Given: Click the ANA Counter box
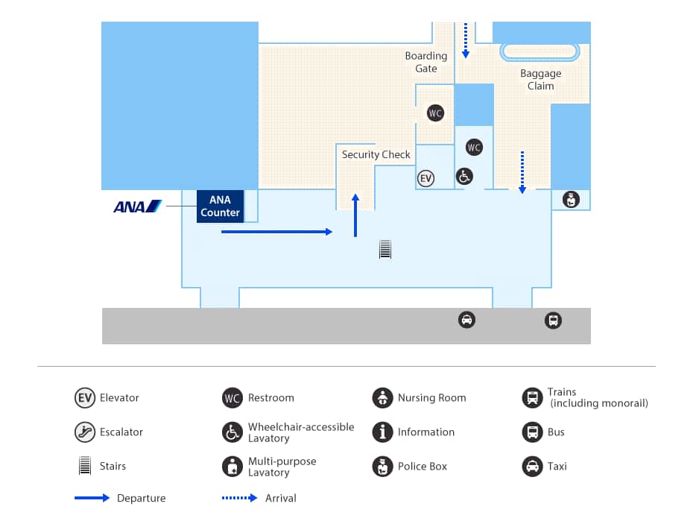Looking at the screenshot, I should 220,206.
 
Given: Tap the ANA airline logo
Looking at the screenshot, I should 137,206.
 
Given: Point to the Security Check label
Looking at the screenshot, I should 376,154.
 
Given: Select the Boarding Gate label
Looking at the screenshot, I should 426,62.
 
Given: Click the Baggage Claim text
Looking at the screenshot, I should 540,80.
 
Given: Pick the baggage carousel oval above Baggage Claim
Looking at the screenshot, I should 539,51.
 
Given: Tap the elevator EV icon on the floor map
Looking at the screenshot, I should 425,179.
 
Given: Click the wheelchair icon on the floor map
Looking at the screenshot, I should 464,177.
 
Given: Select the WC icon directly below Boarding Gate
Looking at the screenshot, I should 435,113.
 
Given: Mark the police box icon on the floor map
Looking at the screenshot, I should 571,199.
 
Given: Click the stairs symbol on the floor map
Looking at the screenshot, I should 385,249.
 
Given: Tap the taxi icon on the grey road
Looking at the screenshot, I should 466,321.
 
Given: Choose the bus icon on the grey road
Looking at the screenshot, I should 553,321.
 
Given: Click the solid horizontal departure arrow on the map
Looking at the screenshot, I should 276,233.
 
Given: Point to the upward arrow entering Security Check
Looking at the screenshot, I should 355,215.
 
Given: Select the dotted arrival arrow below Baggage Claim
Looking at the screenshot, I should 522,172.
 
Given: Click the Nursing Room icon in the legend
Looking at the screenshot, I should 382,398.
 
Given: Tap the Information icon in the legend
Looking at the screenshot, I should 382,432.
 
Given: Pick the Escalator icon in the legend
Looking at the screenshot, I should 85,432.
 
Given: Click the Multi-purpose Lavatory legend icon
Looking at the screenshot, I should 232,467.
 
